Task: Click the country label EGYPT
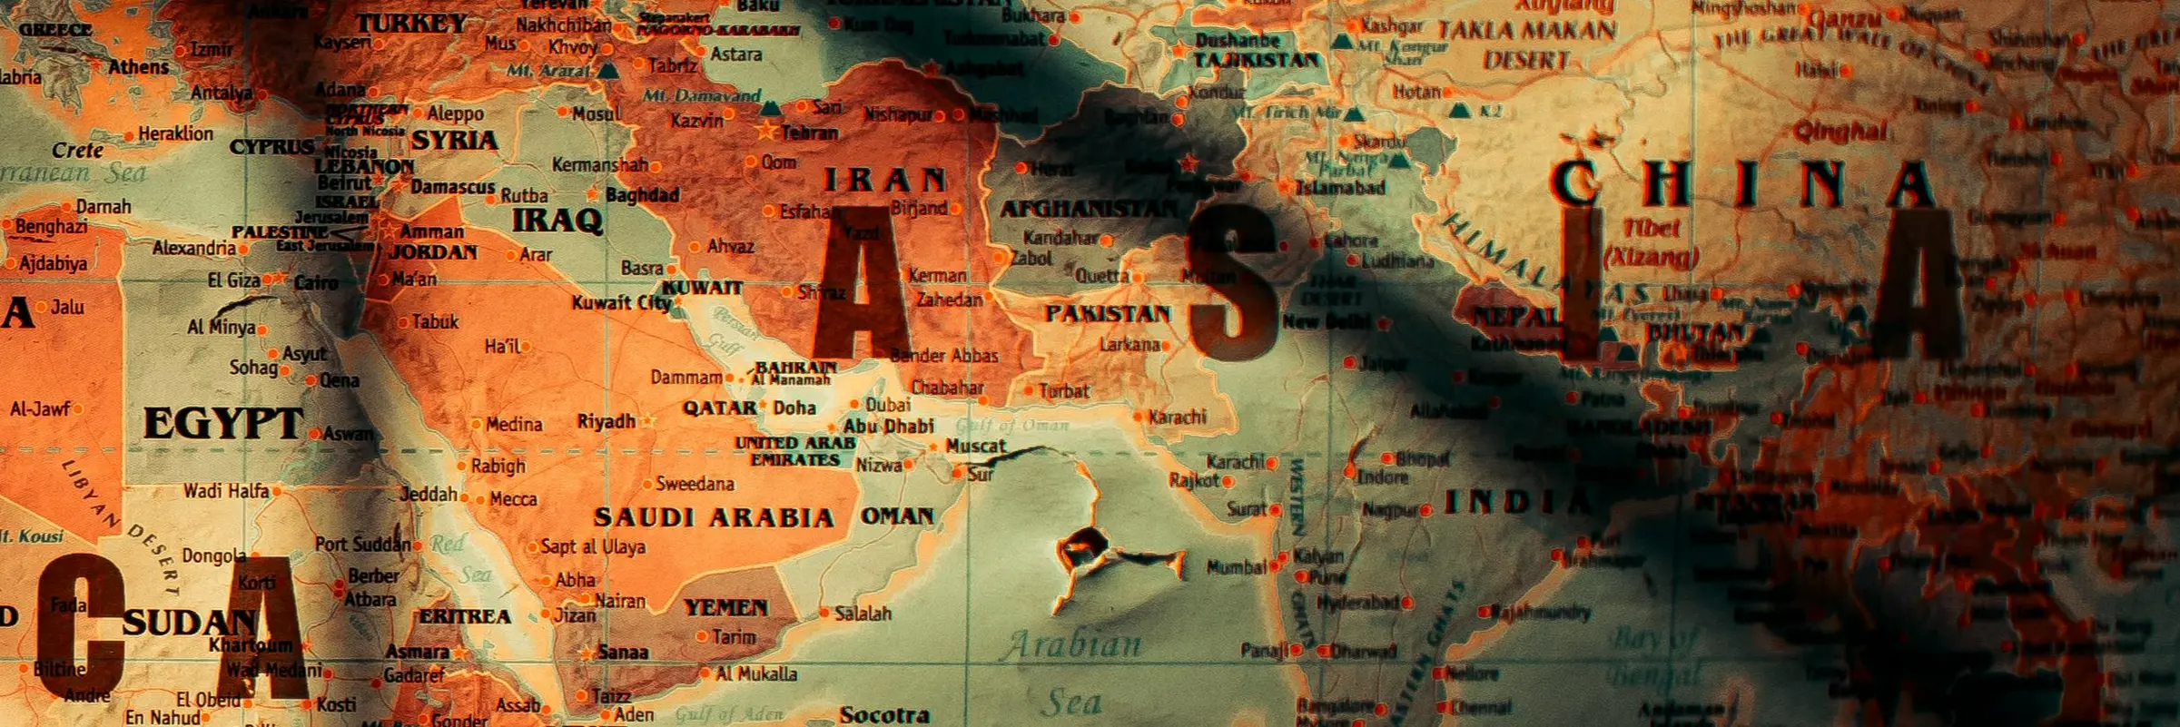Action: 222,424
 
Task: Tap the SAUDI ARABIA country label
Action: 714,518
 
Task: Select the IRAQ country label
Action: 557,221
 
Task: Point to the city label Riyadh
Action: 607,422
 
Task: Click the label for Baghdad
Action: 642,195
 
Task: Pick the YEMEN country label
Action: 725,607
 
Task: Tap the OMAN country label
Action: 897,516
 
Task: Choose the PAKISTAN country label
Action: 1108,314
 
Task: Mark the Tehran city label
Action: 810,133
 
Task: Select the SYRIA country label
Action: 455,141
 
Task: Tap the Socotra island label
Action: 884,715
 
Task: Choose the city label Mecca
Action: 513,499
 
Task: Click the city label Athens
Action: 138,67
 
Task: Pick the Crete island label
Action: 77,150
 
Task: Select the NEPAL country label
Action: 1514,318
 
